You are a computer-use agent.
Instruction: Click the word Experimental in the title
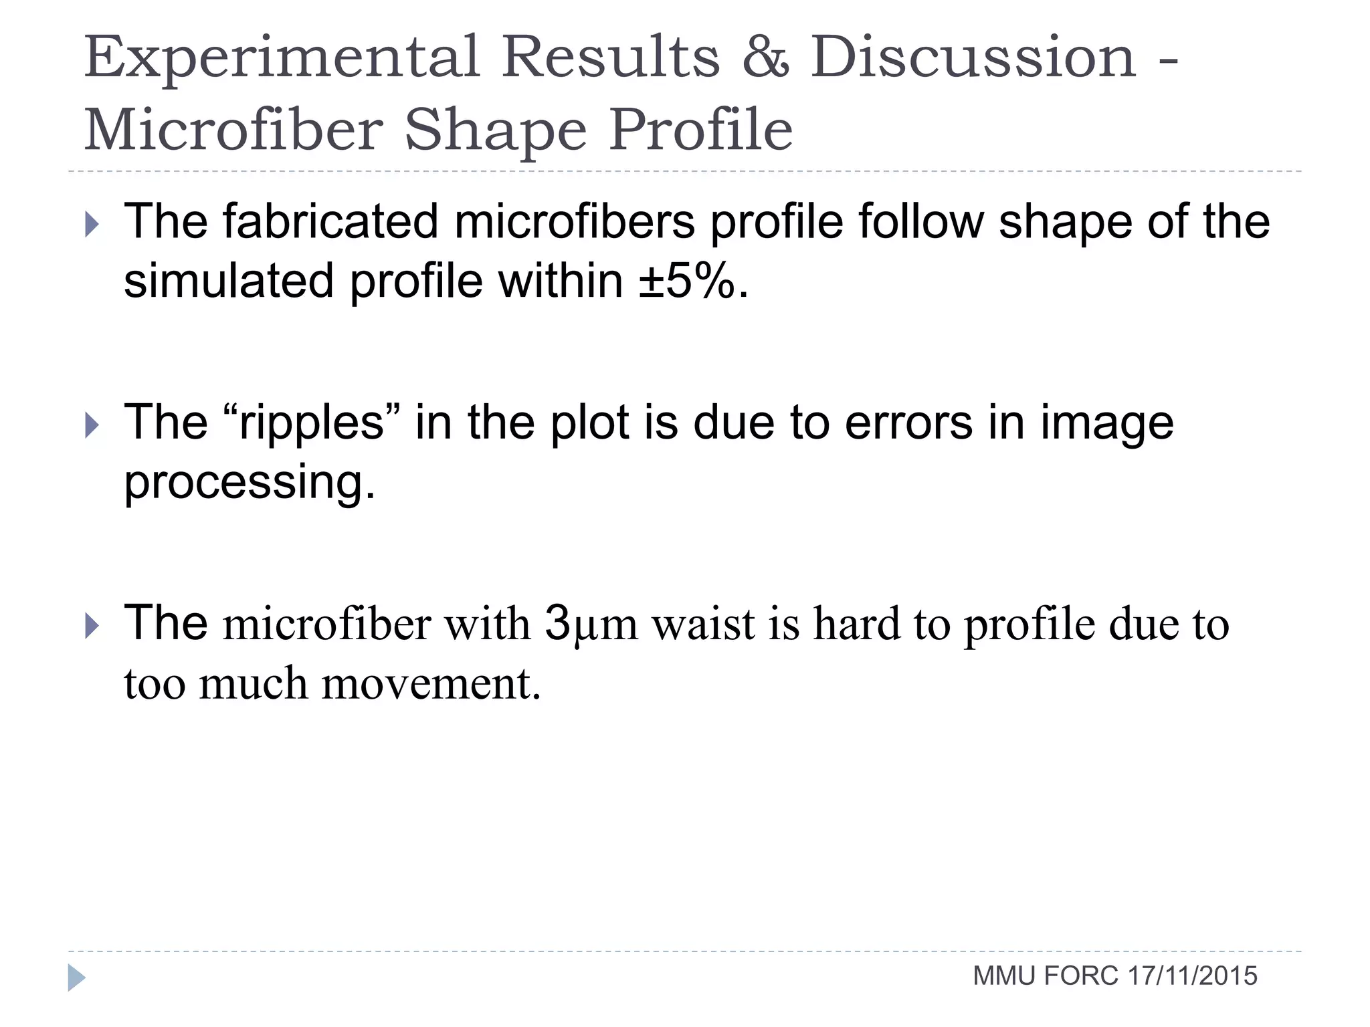[282, 59]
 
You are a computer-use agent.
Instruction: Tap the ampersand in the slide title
[765, 58]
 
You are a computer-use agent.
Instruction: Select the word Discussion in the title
[973, 58]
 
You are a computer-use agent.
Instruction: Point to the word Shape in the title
[495, 131]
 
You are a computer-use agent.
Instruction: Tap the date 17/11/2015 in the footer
[1192, 977]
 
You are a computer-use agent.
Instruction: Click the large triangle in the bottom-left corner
[76, 978]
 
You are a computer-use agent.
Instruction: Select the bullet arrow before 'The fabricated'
[92, 225]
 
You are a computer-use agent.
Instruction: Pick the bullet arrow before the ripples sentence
[92, 426]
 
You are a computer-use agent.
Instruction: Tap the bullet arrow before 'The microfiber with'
[92, 626]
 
